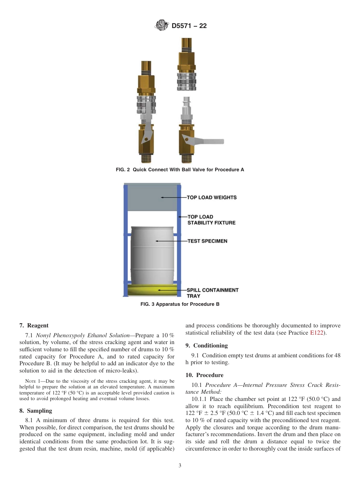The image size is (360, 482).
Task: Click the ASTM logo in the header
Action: click(x=161, y=26)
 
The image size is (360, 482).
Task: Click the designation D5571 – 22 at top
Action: click(x=189, y=26)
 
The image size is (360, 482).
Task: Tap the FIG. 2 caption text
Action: click(x=180, y=170)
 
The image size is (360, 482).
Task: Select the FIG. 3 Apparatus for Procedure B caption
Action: click(x=180, y=304)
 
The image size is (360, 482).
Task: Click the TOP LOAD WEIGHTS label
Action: click(x=211, y=197)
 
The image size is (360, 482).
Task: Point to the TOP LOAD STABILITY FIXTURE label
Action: click(x=211, y=220)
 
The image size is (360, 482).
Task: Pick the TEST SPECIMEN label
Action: click(x=207, y=241)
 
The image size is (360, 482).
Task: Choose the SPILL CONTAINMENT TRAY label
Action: click(x=212, y=293)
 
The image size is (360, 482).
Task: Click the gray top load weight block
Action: click(x=152, y=198)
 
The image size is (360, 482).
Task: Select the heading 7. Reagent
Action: click(x=34, y=326)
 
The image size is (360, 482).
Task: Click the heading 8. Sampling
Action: click(x=36, y=410)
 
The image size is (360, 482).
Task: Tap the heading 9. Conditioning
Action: click(x=207, y=346)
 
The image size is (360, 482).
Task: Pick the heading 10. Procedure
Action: click(x=204, y=375)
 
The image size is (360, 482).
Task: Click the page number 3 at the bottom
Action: click(x=180, y=466)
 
